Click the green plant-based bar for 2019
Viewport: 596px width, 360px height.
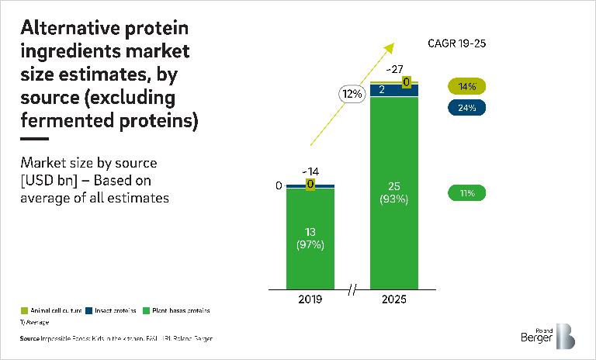(x=310, y=237)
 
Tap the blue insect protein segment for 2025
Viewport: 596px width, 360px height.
(x=394, y=91)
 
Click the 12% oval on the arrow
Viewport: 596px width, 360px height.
(x=351, y=94)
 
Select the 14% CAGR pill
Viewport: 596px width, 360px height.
(x=466, y=86)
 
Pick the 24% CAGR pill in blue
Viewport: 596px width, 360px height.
(x=466, y=107)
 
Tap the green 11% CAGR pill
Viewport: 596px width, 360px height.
(x=466, y=192)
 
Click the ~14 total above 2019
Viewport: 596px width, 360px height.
(x=310, y=172)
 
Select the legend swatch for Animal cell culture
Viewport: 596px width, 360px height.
(x=23, y=310)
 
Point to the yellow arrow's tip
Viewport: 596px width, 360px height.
(x=386, y=43)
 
